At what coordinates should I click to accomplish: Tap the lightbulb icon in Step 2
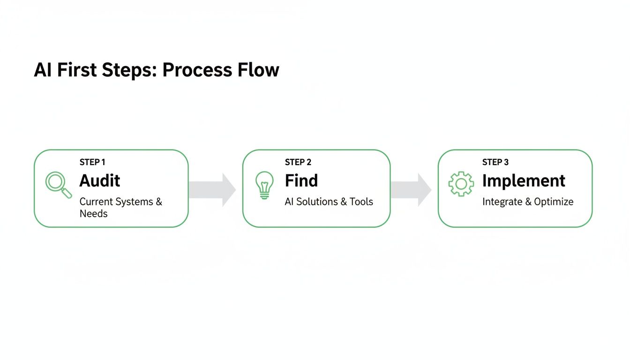[264, 185]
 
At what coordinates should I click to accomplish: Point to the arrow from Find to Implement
[412, 189]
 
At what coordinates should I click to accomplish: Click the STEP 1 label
[92, 162]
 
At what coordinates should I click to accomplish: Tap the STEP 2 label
[298, 162]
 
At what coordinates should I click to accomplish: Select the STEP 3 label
[495, 162]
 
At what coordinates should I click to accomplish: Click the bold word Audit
[100, 181]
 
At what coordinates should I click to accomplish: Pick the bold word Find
[301, 181]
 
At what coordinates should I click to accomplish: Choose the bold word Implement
[524, 181]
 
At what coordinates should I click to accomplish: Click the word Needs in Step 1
[93, 214]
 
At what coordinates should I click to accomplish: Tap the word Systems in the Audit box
[134, 202]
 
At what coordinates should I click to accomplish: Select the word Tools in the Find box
[361, 202]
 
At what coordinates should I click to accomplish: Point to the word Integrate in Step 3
[502, 202]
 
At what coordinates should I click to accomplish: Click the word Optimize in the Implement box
[554, 202]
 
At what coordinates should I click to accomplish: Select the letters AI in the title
[43, 70]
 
